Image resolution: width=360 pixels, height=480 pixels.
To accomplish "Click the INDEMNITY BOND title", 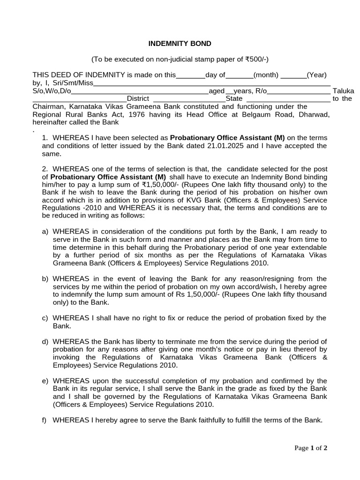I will click(180, 44).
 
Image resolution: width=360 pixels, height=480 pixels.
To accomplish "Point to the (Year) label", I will click(317, 75).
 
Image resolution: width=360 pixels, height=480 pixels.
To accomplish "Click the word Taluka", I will click(343, 91).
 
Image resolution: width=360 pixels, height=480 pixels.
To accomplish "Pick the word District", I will click(138, 99).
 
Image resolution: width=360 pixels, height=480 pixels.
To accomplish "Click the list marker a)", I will click(45, 232).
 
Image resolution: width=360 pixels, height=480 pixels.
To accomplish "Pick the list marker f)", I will click(45, 420).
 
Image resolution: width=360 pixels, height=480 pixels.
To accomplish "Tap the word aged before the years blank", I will click(217, 91).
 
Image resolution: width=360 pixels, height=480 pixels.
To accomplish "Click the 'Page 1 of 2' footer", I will click(311, 448).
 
